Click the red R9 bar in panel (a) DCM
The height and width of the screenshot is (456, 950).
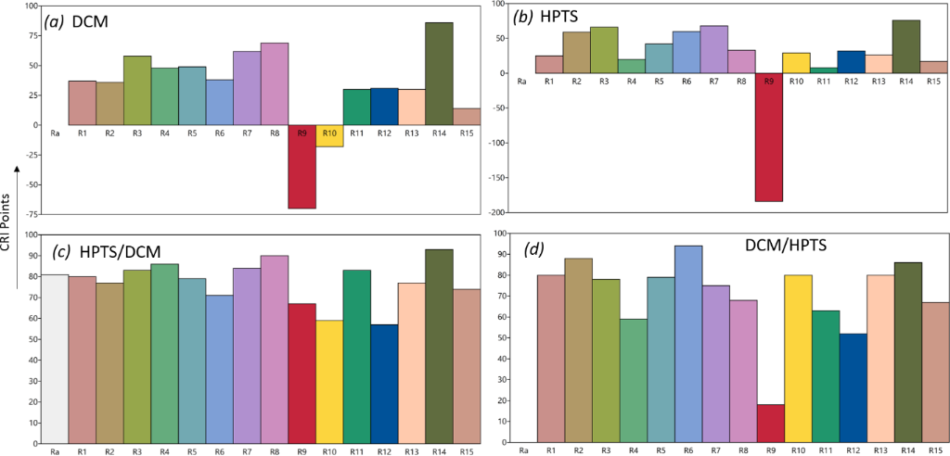[302, 167]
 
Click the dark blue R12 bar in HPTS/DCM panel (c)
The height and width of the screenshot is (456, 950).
[384, 379]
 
